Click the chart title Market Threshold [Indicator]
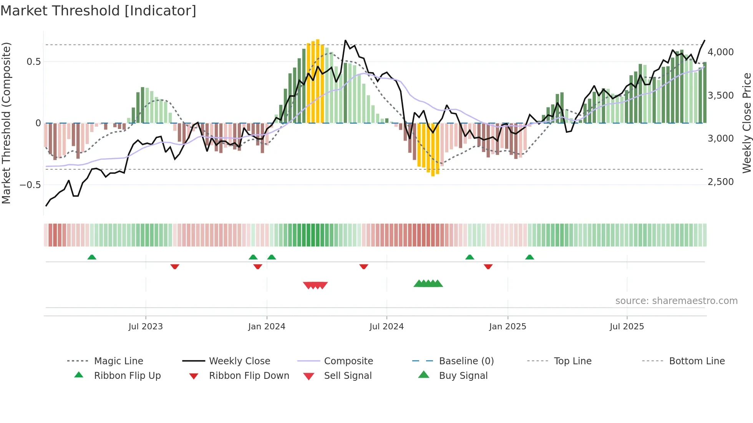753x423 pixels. click(98, 11)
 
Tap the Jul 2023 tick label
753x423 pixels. click(146, 327)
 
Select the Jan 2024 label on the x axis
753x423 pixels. click(267, 327)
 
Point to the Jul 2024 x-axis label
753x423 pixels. click(386, 327)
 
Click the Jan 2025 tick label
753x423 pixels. click(508, 327)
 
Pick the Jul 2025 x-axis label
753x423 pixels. click(627, 327)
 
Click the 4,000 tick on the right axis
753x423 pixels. click(720, 52)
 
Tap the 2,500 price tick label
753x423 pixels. click(720, 182)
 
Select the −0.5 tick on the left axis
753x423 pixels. click(30, 185)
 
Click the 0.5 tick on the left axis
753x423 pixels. click(33, 62)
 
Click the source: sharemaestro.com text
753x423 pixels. click(676, 301)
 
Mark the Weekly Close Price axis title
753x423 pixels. click(746, 123)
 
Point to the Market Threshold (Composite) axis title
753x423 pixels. click(6, 123)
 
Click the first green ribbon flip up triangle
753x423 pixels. click(92, 257)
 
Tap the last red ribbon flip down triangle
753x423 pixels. click(488, 266)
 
